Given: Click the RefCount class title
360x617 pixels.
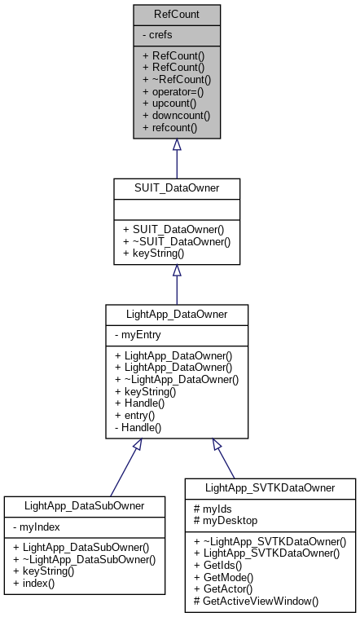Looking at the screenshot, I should click(x=176, y=14).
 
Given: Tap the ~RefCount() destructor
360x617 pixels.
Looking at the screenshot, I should click(x=177, y=79).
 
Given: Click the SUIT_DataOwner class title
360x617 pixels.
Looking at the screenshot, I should click(x=176, y=187).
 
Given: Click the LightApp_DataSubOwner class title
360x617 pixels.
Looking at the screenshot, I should click(x=86, y=505).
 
